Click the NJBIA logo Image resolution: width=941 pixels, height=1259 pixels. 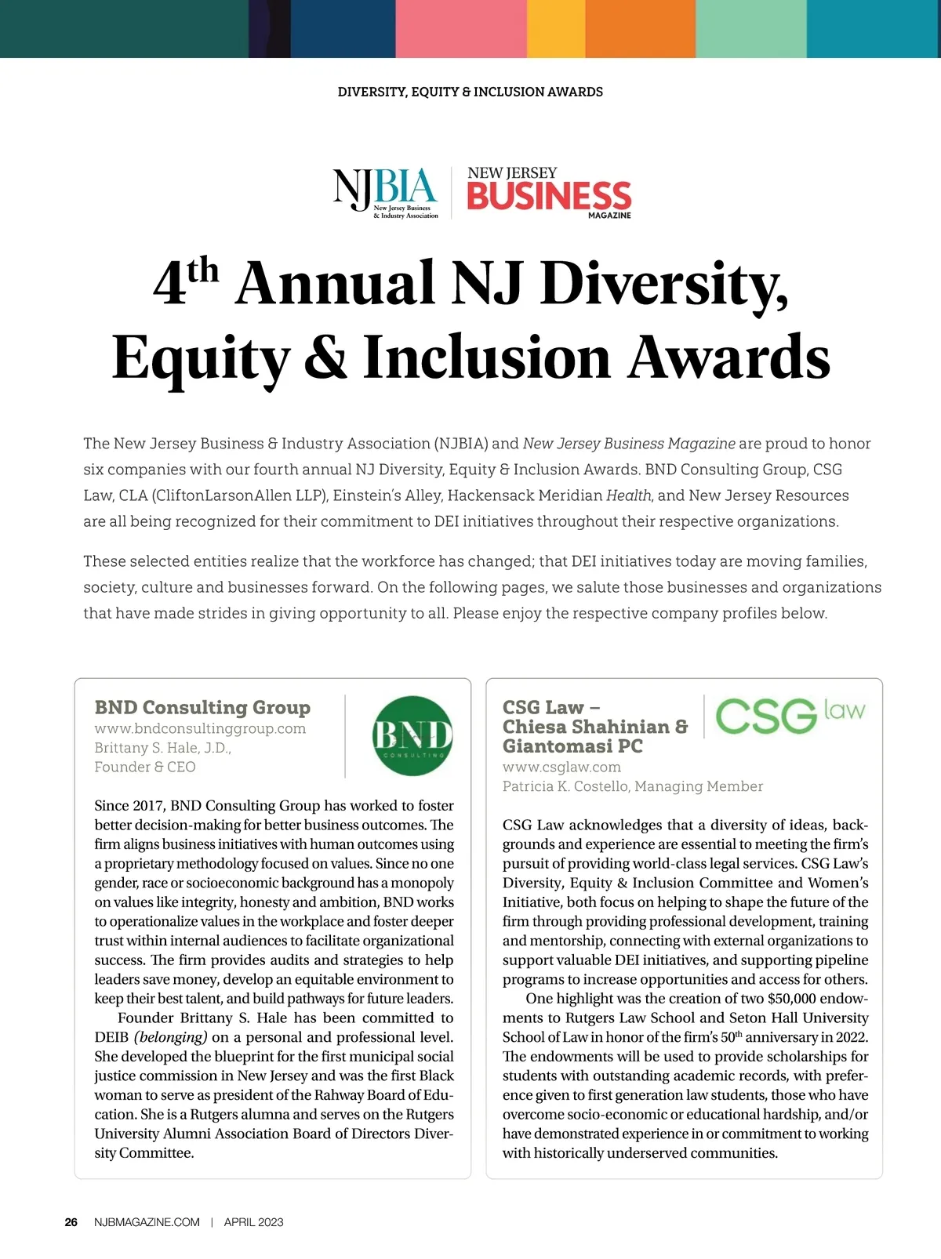pos(385,192)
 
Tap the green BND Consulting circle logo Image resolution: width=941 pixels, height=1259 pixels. pos(412,736)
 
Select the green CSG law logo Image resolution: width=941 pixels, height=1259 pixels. pos(789,715)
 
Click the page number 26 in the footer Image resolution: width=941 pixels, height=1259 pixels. pos(71,1222)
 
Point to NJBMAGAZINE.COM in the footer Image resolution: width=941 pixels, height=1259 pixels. pos(147,1222)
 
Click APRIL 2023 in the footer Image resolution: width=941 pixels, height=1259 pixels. pos(253,1222)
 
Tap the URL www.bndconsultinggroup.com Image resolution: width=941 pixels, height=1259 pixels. pos(200,728)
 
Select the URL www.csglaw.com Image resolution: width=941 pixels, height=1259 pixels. pos(561,767)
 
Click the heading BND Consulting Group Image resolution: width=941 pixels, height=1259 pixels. pos(202,707)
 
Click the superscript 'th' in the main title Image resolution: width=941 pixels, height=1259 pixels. pos(203,270)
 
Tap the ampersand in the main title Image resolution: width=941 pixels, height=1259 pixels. pos(326,357)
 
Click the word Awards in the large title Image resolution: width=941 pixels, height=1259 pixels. pos(728,357)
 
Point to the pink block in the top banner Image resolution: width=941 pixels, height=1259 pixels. pos(460,28)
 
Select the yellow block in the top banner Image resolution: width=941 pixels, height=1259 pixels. pos(556,28)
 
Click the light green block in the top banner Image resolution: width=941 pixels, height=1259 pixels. pos(750,28)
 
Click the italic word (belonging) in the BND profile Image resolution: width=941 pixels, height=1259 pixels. pos(171,1037)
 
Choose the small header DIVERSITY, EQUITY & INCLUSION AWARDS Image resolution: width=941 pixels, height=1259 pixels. pos(470,92)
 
